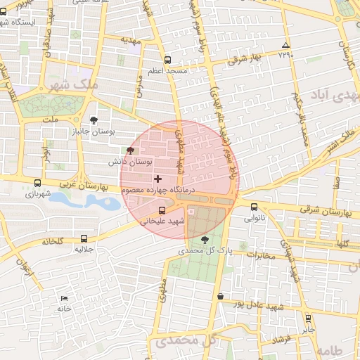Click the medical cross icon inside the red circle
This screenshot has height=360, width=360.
157,179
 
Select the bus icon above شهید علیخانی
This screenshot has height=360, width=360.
163,210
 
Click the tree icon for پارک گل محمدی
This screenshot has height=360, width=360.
205,240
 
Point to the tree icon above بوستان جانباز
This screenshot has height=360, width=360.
94,121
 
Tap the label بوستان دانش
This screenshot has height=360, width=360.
130,161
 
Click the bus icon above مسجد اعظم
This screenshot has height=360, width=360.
167,60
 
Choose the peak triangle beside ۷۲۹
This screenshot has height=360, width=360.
285,44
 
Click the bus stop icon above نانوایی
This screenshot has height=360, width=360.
254,207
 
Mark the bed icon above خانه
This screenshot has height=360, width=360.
65,299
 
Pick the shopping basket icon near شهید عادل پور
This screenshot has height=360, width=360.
221,297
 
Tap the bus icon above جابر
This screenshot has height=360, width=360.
308,318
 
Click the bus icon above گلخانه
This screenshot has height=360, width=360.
84,239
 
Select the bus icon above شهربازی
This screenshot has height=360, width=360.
37,184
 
